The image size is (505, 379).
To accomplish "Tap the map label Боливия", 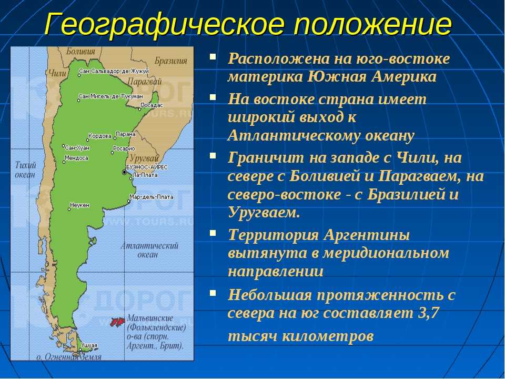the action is point(80,51).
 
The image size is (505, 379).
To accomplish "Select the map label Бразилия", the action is point(170,61).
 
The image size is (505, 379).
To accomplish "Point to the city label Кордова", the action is point(100,136).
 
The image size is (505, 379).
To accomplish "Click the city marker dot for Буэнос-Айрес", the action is point(124,173).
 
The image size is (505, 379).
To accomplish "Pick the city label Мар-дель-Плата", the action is point(151,196).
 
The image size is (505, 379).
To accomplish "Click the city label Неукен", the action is point(79,205).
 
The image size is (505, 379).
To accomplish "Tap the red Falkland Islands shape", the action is point(117,321).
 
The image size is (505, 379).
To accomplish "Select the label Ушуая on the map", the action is point(89,345).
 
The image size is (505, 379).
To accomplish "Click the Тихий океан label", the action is point(25,170).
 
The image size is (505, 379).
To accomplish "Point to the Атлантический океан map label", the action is point(149,250).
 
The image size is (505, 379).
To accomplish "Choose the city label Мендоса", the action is point(76,158).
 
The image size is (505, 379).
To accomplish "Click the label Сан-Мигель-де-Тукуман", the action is point(111,96).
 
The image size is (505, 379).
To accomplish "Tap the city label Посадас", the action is point(151,105).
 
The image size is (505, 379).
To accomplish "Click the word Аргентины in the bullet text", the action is point(367,235).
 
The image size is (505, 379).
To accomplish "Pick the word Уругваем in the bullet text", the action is point(264,213).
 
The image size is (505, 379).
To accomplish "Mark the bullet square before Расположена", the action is point(213,57).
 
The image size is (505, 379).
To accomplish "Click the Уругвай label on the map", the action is point(144,158).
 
